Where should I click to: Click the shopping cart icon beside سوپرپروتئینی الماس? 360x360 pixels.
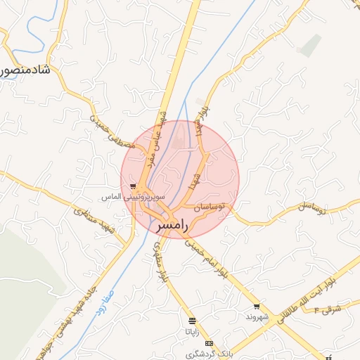click(133, 187)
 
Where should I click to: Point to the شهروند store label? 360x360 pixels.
click(257, 317)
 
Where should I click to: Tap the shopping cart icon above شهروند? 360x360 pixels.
click(257, 307)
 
